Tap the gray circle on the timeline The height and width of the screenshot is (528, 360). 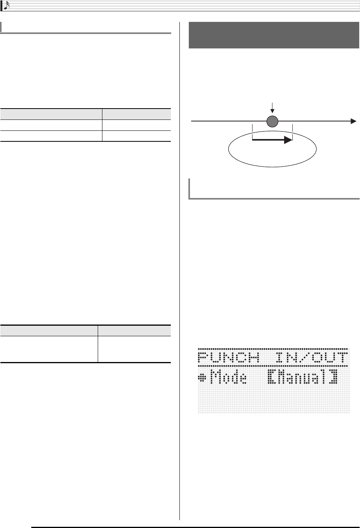click(272, 122)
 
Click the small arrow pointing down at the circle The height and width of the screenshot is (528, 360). click(272, 107)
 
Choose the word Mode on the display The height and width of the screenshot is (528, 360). click(228, 378)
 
